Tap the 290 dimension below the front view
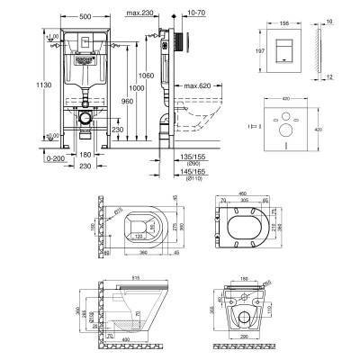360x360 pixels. click(245, 347)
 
